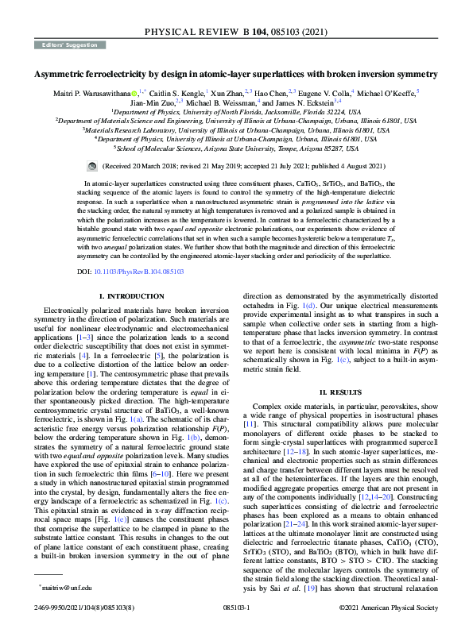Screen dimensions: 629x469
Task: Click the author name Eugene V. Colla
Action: click(325, 93)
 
